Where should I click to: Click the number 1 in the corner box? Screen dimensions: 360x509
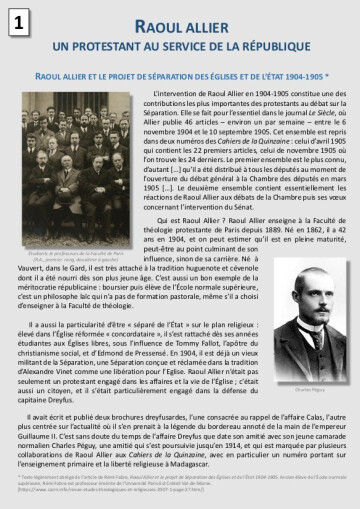18,22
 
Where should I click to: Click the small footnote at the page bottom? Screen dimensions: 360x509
180,479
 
